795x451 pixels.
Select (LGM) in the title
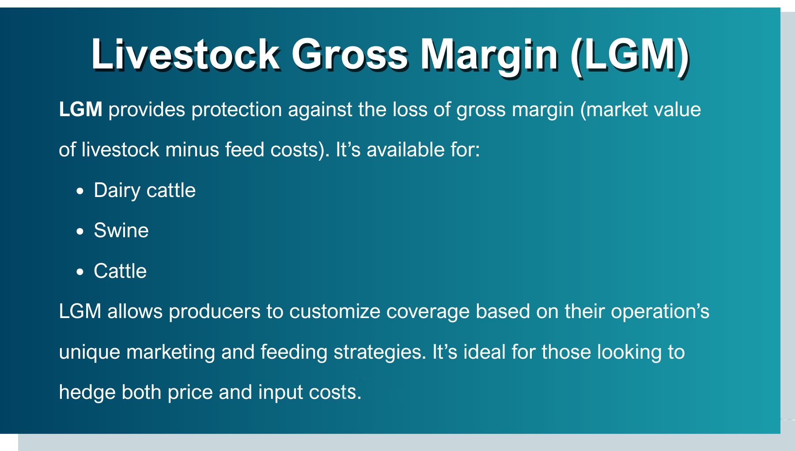click(629, 56)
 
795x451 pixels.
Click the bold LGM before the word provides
click(81, 109)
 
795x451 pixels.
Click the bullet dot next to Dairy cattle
click(79, 191)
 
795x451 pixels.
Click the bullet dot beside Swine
click(79, 231)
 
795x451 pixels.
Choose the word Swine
click(121, 231)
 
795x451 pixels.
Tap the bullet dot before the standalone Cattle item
click(79, 272)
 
